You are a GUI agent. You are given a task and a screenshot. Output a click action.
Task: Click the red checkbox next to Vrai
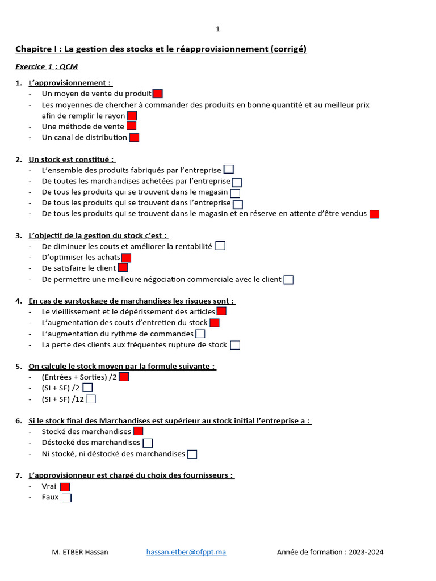click(65, 487)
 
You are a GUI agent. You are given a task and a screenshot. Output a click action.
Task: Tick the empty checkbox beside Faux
click(66, 498)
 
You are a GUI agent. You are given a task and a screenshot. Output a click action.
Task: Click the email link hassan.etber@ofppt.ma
click(186, 552)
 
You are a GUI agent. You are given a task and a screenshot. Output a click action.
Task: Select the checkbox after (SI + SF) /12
click(91, 399)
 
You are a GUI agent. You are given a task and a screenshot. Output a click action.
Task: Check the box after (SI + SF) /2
click(87, 388)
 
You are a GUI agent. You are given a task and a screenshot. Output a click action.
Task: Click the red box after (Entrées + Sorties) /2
click(124, 377)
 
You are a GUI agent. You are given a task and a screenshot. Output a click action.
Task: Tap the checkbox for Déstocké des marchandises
click(148, 443)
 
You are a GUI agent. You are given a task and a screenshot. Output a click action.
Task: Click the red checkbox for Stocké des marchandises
click(138, 431)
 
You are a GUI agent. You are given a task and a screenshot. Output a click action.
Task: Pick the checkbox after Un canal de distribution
click(134, 137)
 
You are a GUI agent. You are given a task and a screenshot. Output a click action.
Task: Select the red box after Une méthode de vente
click(131, 127)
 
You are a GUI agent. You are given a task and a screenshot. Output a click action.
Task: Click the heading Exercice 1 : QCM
click(47, 67)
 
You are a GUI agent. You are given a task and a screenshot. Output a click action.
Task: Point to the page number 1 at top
click(217, 29)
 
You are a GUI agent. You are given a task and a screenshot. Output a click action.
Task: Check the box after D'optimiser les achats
click(126, 257)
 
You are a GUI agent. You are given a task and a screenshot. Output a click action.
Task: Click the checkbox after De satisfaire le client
click(123, 268)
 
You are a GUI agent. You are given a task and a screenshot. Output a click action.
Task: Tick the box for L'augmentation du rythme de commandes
click(200, 334)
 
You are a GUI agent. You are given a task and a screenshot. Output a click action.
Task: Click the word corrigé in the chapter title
click(289, 49)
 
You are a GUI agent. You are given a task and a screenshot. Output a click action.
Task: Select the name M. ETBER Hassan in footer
click(79, 552)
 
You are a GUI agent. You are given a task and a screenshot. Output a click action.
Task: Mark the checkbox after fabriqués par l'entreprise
click(228, 169)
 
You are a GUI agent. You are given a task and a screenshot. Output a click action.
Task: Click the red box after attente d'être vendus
click(374, 214)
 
